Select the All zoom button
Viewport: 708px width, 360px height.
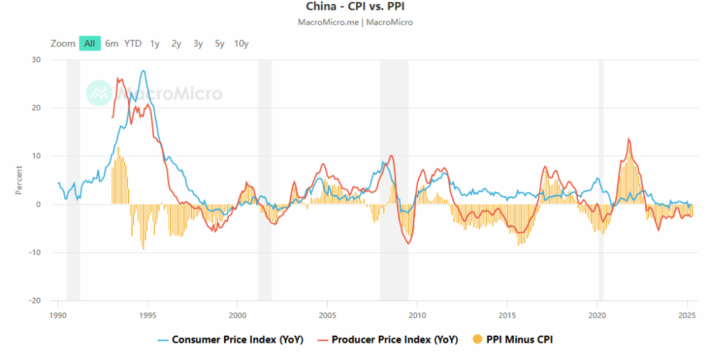(x=90, y=44)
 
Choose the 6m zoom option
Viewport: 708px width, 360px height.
(x=112, y=44)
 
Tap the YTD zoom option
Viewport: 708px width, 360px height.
(x=133, y=44)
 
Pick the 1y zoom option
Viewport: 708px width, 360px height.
(x=155, y=44)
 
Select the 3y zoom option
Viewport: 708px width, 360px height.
(x=198, y=44)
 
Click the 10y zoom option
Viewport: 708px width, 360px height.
(x=241, y=44)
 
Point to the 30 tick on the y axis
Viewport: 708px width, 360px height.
(x=36, y=59)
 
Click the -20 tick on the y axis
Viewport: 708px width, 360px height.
(x=35, y=301)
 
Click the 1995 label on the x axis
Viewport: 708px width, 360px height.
(x=147, y=314)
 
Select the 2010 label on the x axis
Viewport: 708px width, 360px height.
(x=417, y=314)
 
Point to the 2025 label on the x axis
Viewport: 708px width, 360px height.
(x=687, y=314)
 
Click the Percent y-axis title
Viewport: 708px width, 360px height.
(x=19, y=180)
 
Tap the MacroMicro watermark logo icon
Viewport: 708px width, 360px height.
(x=99, y=93)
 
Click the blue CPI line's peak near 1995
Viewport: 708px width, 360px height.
(x=143, y=70)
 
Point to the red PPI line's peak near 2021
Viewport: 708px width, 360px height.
(x=628, y=138)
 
